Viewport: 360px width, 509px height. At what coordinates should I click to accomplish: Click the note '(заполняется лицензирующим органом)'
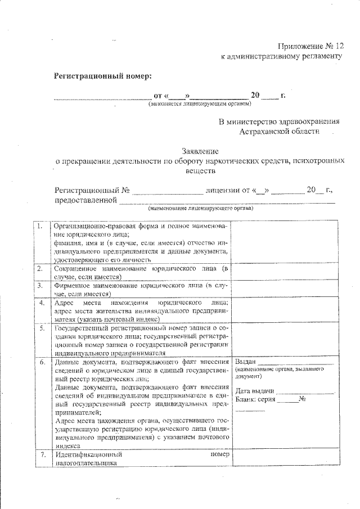pos(200,104)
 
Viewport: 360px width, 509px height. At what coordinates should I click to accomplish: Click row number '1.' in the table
pos(40,227)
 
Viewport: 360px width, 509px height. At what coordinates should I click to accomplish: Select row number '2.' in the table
pos(40,269)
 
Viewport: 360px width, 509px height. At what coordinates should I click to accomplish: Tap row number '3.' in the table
pos(40,286)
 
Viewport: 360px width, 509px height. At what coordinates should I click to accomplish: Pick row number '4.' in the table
pos(40,303)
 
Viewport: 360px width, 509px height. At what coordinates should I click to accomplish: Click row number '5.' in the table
pos(40,328)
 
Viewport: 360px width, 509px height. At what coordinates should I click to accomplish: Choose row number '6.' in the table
pos(40,362)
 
